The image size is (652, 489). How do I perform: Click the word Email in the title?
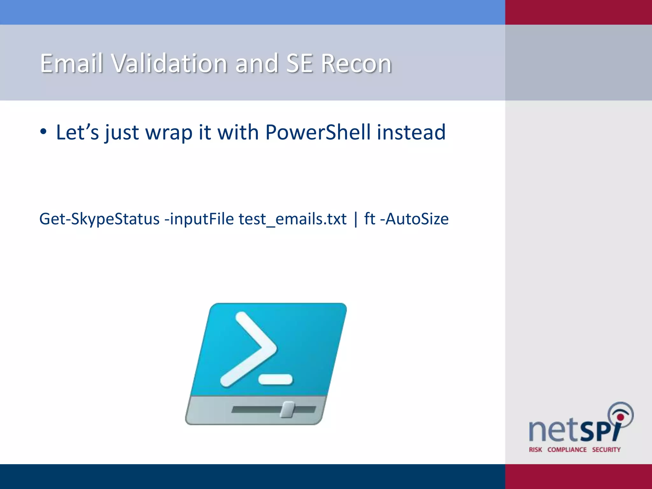(72, 63)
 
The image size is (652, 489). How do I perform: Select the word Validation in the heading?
(169, 63)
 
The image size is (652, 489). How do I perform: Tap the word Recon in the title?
(356, 63)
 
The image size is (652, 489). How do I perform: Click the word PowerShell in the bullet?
(318, 132)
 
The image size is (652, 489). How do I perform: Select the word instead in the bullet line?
(411, 132)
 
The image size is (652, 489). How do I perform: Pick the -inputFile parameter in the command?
(199, 219)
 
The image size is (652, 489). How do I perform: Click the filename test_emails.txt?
(292, 219)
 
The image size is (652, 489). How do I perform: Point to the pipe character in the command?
(356, 219)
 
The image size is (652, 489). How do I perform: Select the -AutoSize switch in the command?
(414, 219)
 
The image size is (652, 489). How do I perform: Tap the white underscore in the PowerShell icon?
(276, 379)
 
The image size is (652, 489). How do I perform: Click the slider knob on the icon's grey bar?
(288, 409)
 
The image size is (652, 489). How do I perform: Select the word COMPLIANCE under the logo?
(567, 450)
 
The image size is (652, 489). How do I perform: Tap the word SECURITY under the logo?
(606, 450)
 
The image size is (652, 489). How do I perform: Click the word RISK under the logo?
(535, 450)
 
